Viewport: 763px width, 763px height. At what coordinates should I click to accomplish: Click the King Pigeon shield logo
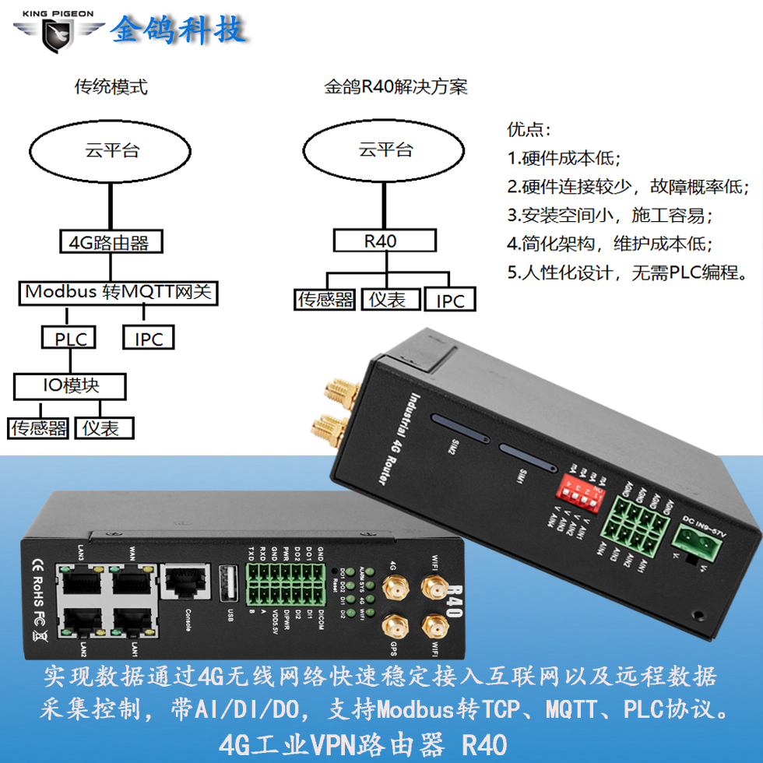pos(59,30)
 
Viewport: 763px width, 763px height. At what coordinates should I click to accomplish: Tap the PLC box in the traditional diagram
pos(70,339)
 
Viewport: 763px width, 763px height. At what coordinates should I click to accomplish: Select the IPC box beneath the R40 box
pos(449,301)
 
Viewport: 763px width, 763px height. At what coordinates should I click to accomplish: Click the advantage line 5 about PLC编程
pos(628,272)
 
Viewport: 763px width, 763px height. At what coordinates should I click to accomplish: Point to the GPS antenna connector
pos(394,628)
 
